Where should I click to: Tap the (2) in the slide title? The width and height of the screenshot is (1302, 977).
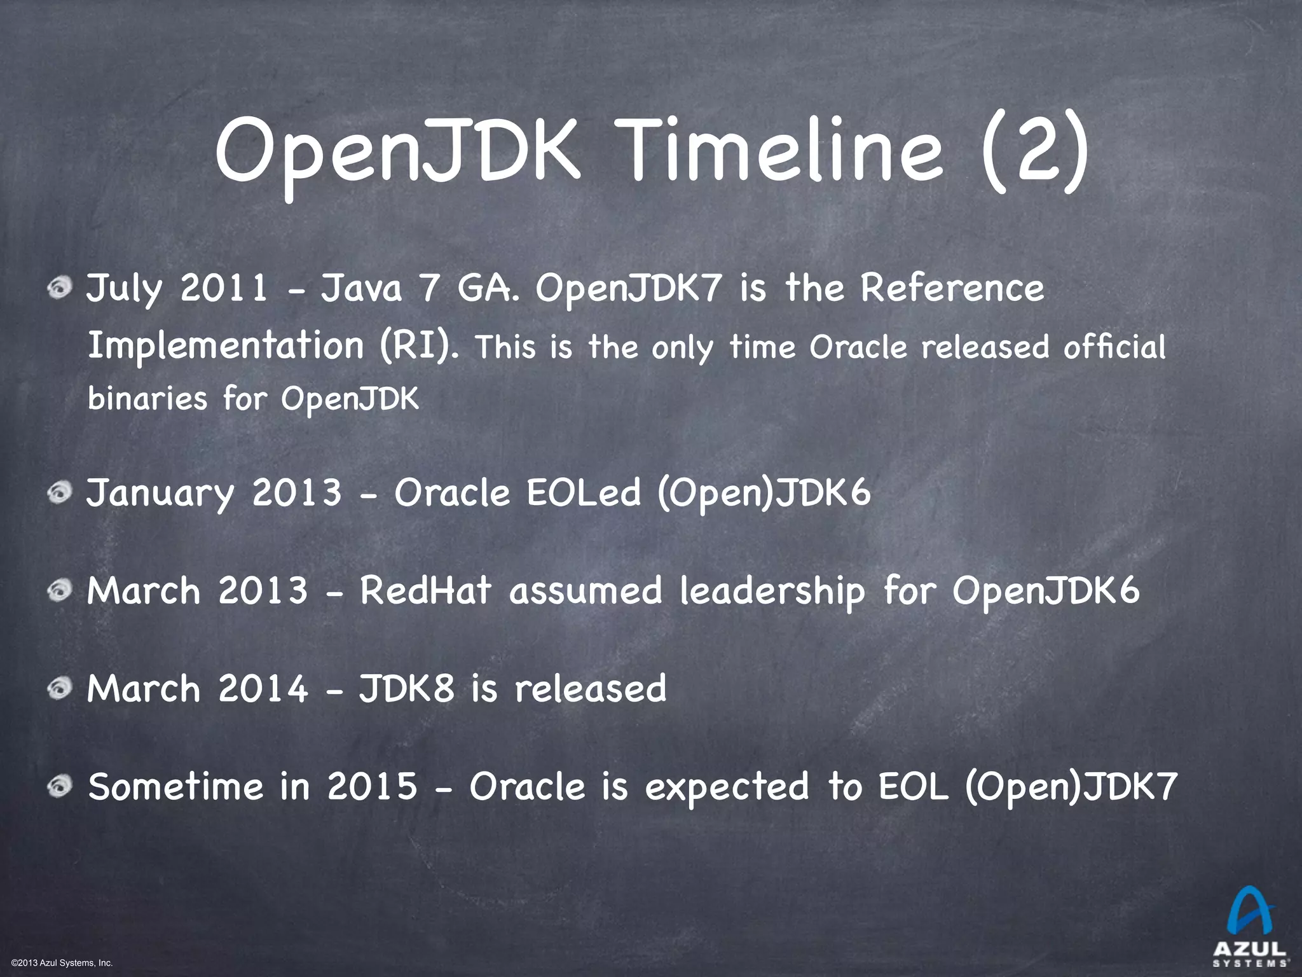(1034, 153)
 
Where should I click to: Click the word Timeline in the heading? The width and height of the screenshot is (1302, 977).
(783, 153)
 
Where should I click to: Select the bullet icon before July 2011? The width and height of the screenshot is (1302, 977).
(62, 290)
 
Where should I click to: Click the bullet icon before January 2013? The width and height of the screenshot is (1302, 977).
(62, 494)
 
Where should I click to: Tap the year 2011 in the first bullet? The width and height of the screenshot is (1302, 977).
(223, 288)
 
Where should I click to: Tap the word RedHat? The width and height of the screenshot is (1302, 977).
(425, 590)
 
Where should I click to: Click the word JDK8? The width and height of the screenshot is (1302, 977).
(407, 688)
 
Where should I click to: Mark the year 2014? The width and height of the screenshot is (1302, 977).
(263, 688)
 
